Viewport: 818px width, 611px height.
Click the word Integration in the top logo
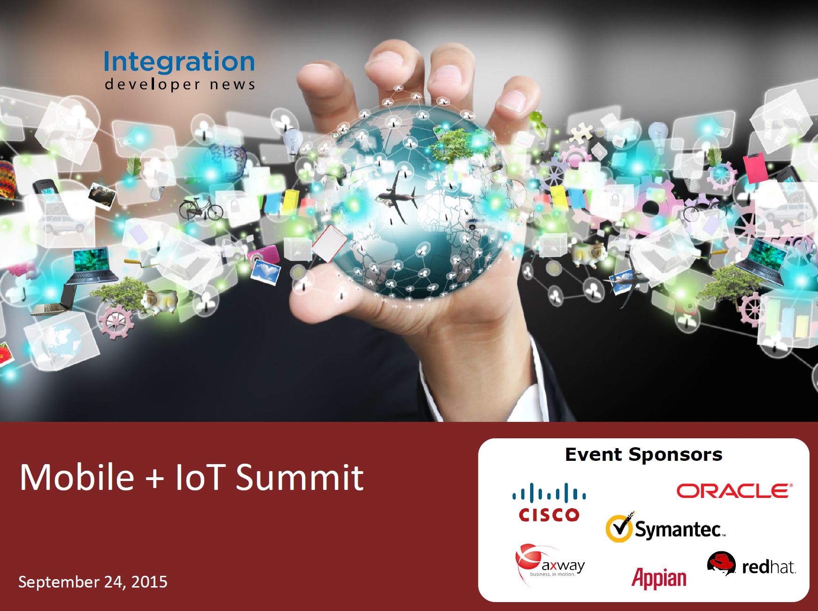point(179,62)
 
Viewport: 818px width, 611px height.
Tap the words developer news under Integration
point(180,84)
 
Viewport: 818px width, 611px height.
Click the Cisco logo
point(549,502)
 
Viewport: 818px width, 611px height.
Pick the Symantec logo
point(665,527)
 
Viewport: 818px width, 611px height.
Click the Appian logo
point(659,577)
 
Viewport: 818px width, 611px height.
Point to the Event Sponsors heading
point(644,454)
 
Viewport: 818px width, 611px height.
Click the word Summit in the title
point(300,477)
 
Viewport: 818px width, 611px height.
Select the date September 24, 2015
point(93,582)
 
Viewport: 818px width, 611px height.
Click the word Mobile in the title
point(77,477)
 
